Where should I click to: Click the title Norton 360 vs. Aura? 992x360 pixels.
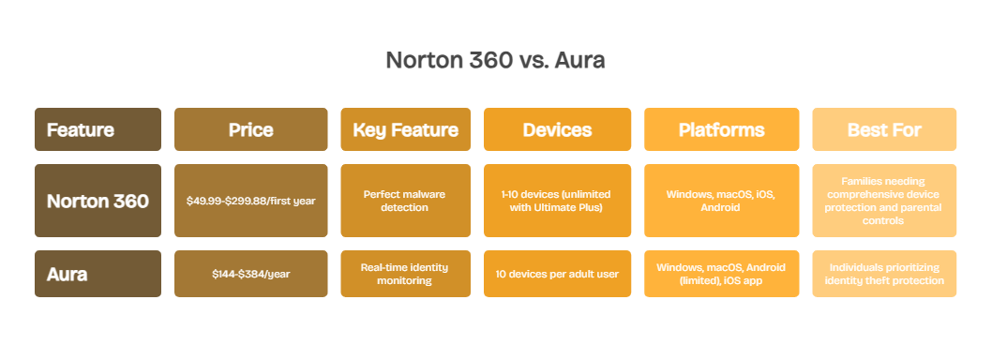pyautogui.click(x=495, y=61)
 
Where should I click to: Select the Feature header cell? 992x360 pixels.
pyautogui.click(x=98, y=129)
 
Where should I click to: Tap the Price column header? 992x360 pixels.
pyautogui.click(x=250, y=129)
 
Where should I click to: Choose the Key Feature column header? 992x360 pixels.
pyautogui.click(x=405, y=129)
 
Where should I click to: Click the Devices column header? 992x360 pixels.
pyautogui.click(x=557, y=129)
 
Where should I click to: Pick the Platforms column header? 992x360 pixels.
pyautogui.click(x=721, y=129)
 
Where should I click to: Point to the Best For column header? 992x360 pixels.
pyautogui.click(x=883, y=129)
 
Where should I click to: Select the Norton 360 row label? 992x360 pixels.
pyautogui.click(x=98, y=201)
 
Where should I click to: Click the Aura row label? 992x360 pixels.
pyautogui.click(x=98, y=274)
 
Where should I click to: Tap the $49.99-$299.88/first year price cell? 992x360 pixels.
pyautogui.click(x=250, y=201)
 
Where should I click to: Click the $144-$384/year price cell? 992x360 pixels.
pyautogui.click(x=250, y=274)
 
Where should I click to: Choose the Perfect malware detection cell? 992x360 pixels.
pyautogui.click(x=405, y=201)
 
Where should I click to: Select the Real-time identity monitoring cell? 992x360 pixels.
pyautogui.click(x=405, y=274)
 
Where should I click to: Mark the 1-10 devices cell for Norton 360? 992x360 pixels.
pyautogui.click(x=557, y=201)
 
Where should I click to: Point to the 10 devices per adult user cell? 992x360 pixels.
pyautogui.click(x=557, y=274)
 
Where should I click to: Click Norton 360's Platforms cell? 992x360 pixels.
pyautogui.click(x=721, y=201)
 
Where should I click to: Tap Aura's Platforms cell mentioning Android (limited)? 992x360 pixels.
pyautogui.click(x=721, y=274)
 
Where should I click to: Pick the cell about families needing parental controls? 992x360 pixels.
pyautogui.click(x=883, y=201)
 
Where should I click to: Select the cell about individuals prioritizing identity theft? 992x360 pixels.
pyautogui.click(x=883, y=274)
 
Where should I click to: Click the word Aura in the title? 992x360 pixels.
pyautogui.click(x=579, y=61)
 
